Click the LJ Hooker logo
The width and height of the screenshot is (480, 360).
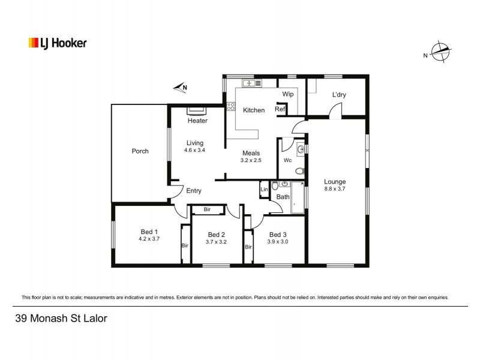pyautogui.click(x=58, y=43)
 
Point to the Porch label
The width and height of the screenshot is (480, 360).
pyautogui.click(x=140, y=151)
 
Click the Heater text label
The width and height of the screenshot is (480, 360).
pyautogui.click(x=197, y=121)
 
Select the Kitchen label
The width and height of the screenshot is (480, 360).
pyautogui.click(x=253, y=110)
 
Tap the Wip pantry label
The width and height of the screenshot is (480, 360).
pyautogui.click(x=287, y=94)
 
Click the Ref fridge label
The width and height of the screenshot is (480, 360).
pyautogui.click(x=279, y=109)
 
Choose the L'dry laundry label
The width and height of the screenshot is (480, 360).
pyautogui.click(x=339, y=95)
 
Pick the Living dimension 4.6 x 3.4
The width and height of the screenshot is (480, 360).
pyautogui.click(x=194, y=150)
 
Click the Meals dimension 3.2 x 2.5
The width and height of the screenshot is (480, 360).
pyautogui.click(x=251, y=161)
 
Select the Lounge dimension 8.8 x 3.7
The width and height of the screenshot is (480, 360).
pyautogui.click(x=335, y=188)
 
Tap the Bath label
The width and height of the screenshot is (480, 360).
pyautogui.click(x=283, y=197)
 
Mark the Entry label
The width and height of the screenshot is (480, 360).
pyautogui.click(x=193, y=191)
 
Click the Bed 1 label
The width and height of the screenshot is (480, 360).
pyautogui.click(x=149, y=232)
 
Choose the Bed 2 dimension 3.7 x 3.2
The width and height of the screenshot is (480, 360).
pyautogui.click(x=216, y=242)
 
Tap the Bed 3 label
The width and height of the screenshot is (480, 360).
pyautogui.click(x=278, y=235)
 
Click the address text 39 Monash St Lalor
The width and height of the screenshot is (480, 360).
pyautogui.click(x=61, y=319)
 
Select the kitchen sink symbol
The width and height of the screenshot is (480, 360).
pyautogui.click(x=248, y=83)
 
